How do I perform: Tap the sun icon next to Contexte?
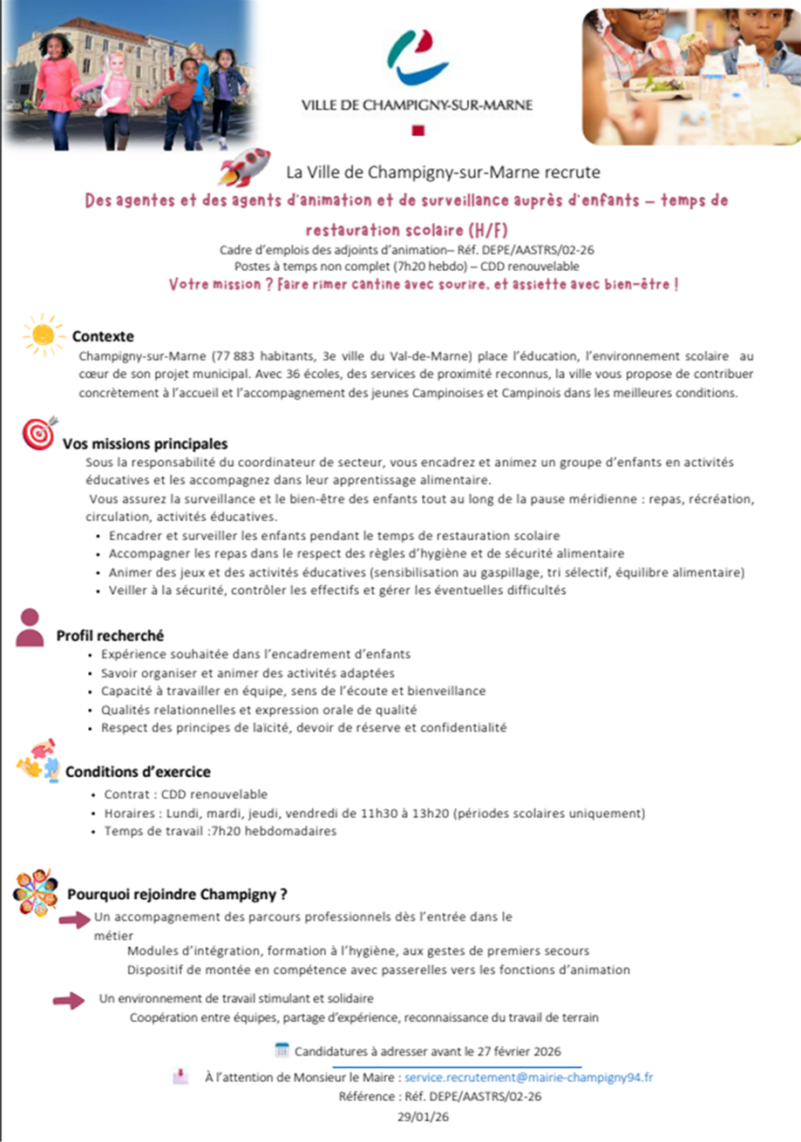[43, 334]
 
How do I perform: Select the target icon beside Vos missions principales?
[38, 434]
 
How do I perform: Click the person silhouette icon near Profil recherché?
[30, 627]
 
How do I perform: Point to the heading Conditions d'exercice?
[138, 772]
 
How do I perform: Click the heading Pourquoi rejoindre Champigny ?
[178, 894]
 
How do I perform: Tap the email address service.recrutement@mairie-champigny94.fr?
[529, 1078]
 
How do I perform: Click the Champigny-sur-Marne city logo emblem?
[417, 56]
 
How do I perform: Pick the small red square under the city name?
[417, 132]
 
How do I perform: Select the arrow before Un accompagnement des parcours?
[75, 919]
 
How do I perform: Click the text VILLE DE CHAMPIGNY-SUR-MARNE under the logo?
[417, 105]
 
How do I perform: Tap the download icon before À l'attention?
[180, 1077]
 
